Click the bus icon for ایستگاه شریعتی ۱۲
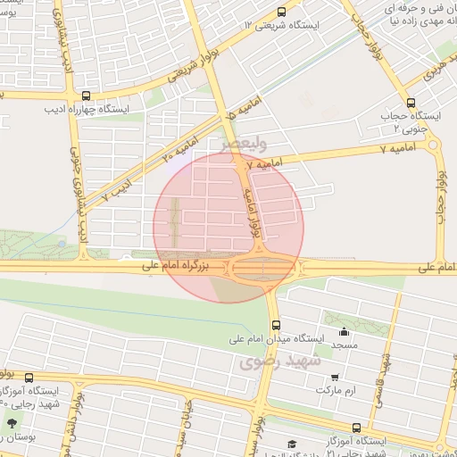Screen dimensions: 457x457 282,12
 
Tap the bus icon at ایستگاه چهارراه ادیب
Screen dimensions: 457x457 86,96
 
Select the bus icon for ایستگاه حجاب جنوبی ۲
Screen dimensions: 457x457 411,103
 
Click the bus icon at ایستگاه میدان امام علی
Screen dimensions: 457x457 276,325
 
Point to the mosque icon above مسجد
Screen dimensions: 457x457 345,331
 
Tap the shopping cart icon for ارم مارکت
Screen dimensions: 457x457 335,378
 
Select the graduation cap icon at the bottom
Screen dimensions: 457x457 291,444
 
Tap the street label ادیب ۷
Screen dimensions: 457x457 115,187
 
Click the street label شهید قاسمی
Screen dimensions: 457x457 384,379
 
